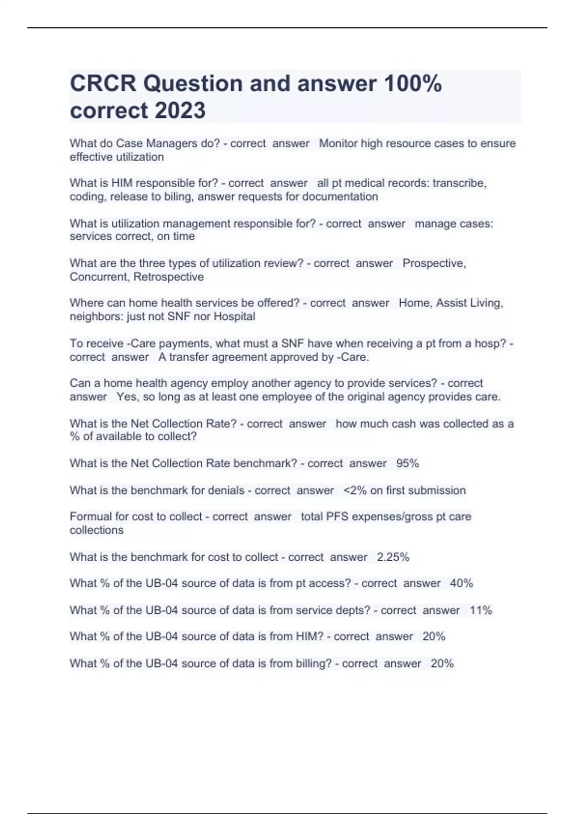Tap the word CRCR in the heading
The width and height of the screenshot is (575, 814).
coord(103,83)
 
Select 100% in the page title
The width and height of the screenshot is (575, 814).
coord(413,83)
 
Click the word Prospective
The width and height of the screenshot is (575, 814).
coord(434,263)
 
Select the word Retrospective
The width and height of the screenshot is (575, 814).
coord(169,277)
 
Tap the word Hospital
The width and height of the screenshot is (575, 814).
coord(234,317)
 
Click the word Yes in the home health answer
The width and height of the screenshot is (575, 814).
coord(126,396)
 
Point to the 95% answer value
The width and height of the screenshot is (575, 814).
coord(408,463)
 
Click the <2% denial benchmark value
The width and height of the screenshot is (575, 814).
coord(355,490)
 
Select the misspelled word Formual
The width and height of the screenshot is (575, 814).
coord(90,517)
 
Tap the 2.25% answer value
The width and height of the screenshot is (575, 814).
coord(393,557)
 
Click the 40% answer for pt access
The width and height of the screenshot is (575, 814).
coord(461,583)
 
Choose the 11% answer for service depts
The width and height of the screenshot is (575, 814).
coord(481,610)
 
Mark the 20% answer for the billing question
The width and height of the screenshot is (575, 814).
coord(442,663)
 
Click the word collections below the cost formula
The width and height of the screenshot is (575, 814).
coord(96,530)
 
